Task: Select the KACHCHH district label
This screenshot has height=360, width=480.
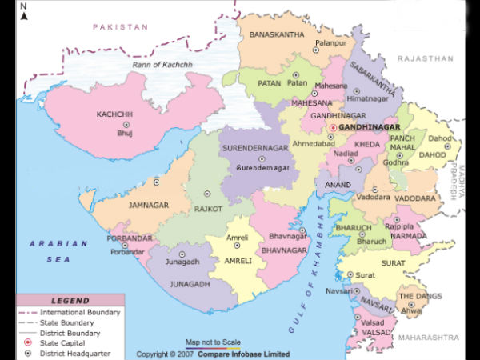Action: pyautogui.click(x=114, y=114)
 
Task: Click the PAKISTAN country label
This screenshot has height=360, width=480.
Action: pyautogui.click(x=120, y=27)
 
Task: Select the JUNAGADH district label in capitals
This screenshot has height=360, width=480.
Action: pyautogui.click(x=186, y=283)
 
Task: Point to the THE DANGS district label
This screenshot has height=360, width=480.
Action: pyautogui.click(x=420, y=296)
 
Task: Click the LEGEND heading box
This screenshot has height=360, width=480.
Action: pyautogui.click(x=70, y=301)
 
